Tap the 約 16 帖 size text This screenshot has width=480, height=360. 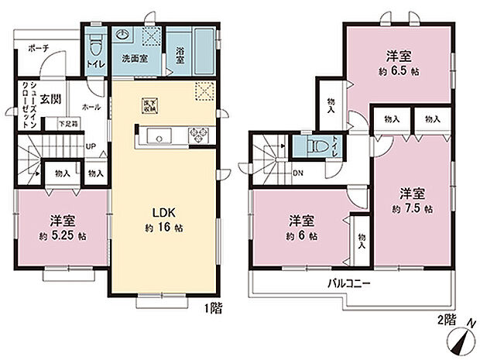(163, 228)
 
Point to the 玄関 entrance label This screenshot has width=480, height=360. (51, 98)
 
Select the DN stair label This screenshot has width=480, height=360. (297, 172)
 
